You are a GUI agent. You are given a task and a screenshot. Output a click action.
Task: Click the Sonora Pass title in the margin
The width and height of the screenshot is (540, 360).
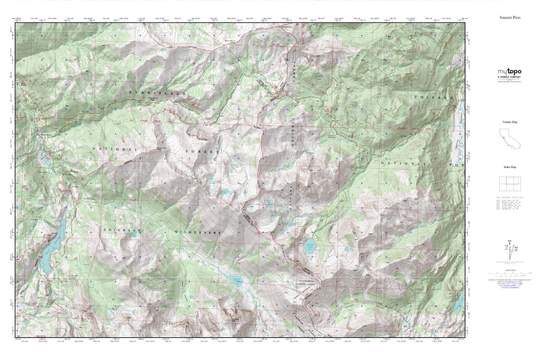pyautogui.click(x=510, y=18)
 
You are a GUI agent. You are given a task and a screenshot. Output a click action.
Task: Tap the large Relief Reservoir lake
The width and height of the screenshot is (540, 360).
pyautogui.click(x=53, y=245)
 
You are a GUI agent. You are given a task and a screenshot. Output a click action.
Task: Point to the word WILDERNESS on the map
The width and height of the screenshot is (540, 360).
pyautogui.click(x=198, y=232)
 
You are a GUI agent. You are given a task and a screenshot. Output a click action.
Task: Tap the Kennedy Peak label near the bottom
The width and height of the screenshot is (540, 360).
pyautogui.click(x=235, y=320)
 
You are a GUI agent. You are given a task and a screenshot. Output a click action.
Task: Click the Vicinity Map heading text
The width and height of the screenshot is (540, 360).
pyautogui.click(x=510, y=122)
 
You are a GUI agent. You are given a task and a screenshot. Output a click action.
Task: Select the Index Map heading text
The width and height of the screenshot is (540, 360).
pyautogui.click(x=510, y=167)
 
